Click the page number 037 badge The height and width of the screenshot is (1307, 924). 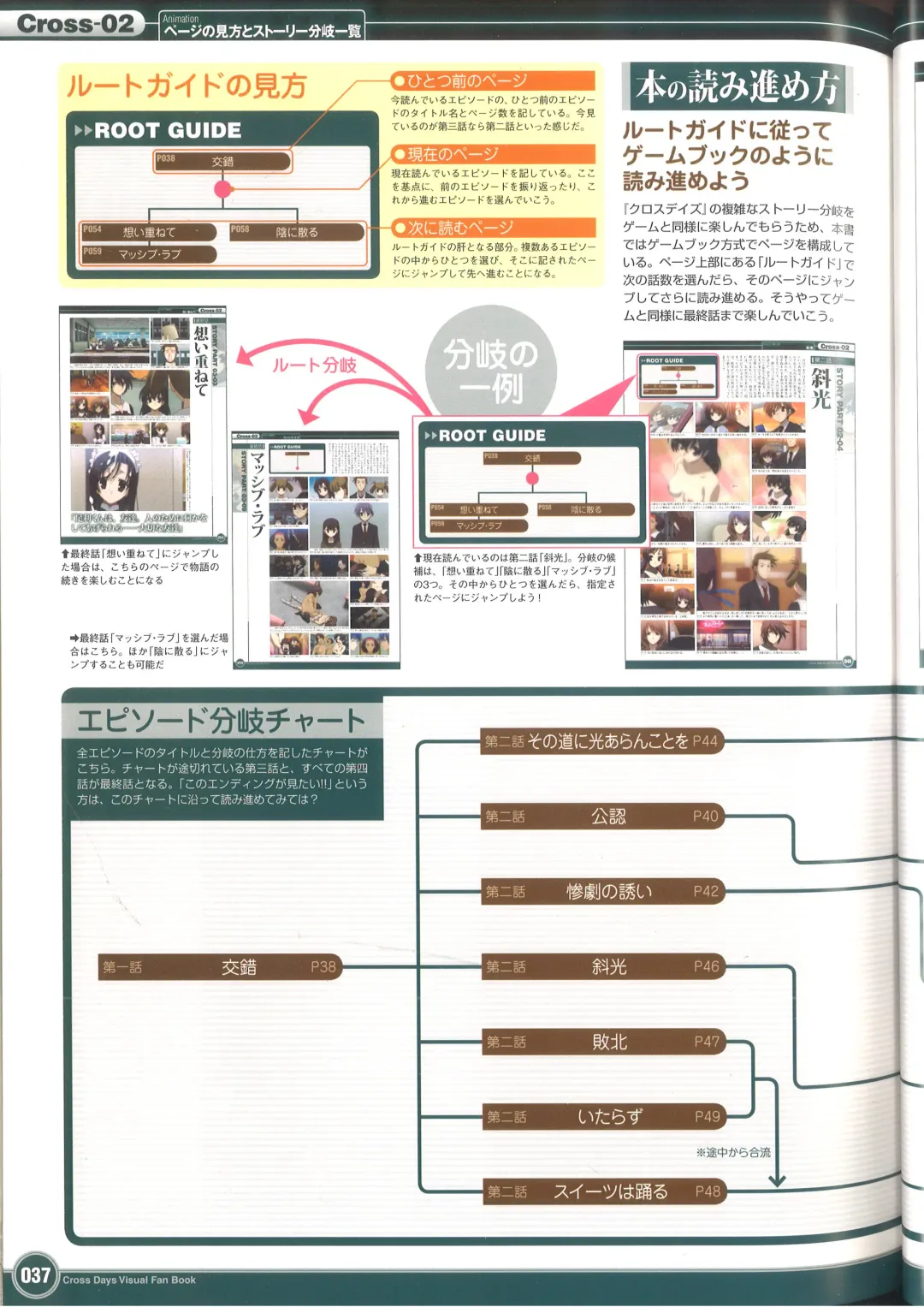35,1275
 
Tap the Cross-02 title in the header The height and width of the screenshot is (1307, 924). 75,23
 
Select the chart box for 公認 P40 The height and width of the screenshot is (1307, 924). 603,817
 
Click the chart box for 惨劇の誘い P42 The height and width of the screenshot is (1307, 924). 603,892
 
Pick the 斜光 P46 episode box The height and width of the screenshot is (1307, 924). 603,967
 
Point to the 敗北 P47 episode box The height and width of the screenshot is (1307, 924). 603,1042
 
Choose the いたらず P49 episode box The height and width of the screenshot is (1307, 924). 603,1117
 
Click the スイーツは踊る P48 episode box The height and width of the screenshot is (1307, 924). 603,1191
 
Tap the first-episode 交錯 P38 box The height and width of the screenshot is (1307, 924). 219,967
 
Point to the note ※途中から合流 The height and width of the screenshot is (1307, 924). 733,1153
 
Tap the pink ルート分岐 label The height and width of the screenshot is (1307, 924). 314,365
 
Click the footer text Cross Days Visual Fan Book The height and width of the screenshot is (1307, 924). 129,1280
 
